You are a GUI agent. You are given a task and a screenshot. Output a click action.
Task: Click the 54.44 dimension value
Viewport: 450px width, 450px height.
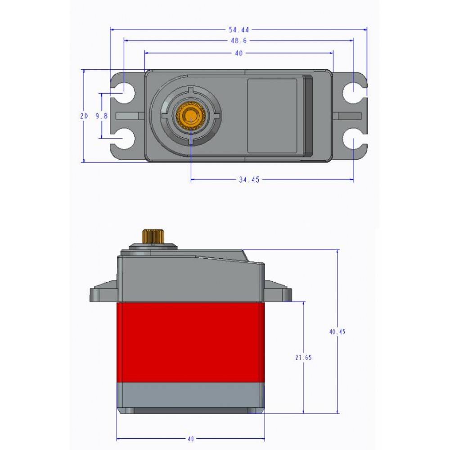(238, 30)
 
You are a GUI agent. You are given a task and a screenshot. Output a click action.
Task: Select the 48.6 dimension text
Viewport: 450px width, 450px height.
(238, 41)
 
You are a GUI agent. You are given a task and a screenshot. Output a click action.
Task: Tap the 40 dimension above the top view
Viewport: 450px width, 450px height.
(238, 53)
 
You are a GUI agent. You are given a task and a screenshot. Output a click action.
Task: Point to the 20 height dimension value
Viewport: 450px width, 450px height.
(84, 116)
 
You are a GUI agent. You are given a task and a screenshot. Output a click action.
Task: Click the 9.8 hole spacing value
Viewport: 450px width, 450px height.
(102, 116)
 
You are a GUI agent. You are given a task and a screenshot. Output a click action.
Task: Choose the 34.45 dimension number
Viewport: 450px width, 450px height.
(249, 180)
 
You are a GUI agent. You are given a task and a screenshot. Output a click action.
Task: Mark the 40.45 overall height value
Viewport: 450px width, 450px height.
(337, 332)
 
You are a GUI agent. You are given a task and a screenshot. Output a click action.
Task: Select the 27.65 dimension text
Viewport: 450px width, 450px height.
(304, 358)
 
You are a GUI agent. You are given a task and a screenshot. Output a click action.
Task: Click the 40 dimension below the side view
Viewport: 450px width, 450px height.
(190, 439)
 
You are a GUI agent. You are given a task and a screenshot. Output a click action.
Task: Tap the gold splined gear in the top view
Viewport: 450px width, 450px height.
(191, 117)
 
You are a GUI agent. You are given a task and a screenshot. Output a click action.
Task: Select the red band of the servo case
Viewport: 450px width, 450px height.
(190, 342)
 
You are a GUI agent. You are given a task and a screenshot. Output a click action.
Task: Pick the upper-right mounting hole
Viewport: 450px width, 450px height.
(353, 93)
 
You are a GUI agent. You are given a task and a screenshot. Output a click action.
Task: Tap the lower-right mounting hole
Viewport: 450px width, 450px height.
(353, 139)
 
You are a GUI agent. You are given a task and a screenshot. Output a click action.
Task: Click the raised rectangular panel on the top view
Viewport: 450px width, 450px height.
(272, 116)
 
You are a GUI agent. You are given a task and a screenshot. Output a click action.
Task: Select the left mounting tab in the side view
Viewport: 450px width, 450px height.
(103, 292)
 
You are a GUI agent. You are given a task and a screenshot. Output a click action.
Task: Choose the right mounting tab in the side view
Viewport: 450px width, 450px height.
(278, 291)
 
